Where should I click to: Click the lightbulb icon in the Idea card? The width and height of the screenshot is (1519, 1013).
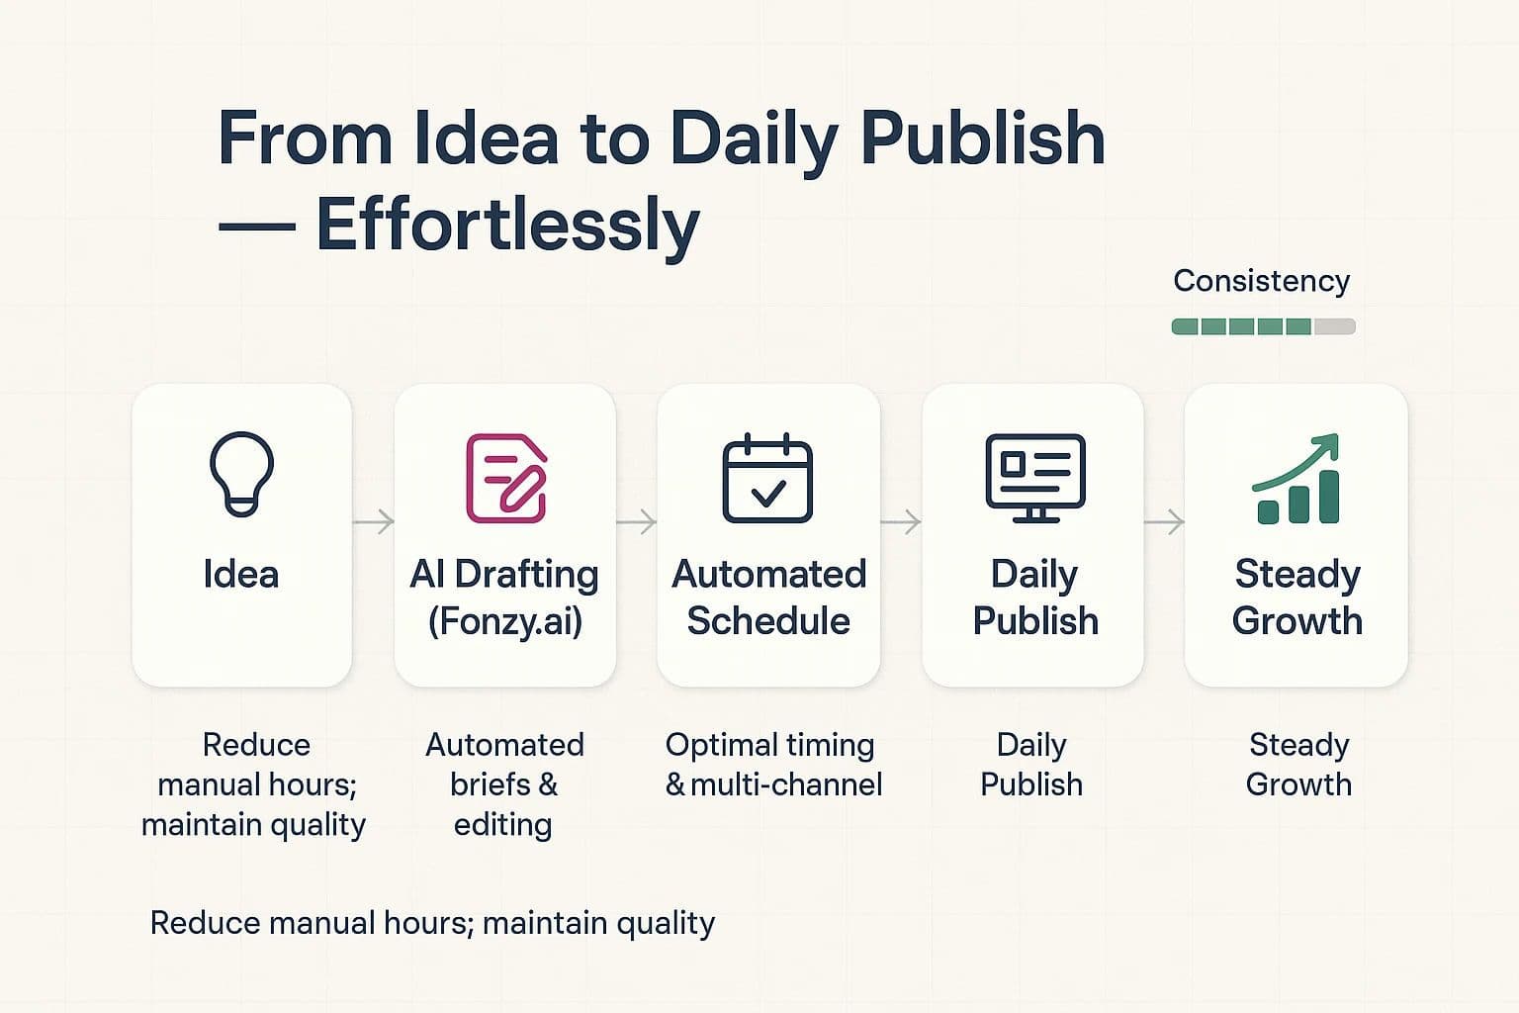point(241,474)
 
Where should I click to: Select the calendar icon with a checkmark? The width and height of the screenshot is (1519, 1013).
point(767,478)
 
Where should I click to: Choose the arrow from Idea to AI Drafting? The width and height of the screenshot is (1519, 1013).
point(373,521)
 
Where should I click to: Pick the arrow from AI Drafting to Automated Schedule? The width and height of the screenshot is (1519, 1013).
point(636,521)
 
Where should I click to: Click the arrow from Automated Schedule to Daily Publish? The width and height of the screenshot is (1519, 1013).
point(900,521)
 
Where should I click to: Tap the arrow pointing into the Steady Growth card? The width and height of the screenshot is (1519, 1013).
point(1164,521)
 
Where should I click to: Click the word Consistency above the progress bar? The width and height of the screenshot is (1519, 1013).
point(1261,281)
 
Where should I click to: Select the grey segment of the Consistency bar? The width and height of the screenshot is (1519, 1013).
point(1334,326)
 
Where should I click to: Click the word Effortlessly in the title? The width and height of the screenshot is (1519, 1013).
point(507,226)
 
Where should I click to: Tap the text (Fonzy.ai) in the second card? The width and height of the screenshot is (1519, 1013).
point(505,621)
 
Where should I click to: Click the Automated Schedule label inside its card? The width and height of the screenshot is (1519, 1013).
point(768,598)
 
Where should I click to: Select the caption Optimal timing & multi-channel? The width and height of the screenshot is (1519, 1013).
point(771,765)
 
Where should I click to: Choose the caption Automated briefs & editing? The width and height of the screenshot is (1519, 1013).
point(504,784)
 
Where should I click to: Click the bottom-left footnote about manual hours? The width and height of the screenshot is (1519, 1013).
point(432,923)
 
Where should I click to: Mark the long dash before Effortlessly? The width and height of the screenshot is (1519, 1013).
point(256,227)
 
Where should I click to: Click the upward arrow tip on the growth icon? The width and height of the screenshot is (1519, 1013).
point(1330,442)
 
